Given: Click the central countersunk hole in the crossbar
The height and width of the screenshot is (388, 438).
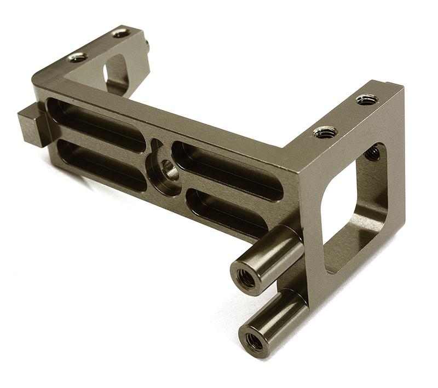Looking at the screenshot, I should coord(167,169).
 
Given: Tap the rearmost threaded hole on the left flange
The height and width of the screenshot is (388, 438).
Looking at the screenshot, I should coord(121,33).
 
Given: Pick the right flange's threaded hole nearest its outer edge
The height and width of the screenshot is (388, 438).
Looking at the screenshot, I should coord(366,99).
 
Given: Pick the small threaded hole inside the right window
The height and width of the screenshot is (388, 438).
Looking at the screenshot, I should coord(372,153).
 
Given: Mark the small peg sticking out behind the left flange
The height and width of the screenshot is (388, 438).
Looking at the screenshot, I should coord(147,47).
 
